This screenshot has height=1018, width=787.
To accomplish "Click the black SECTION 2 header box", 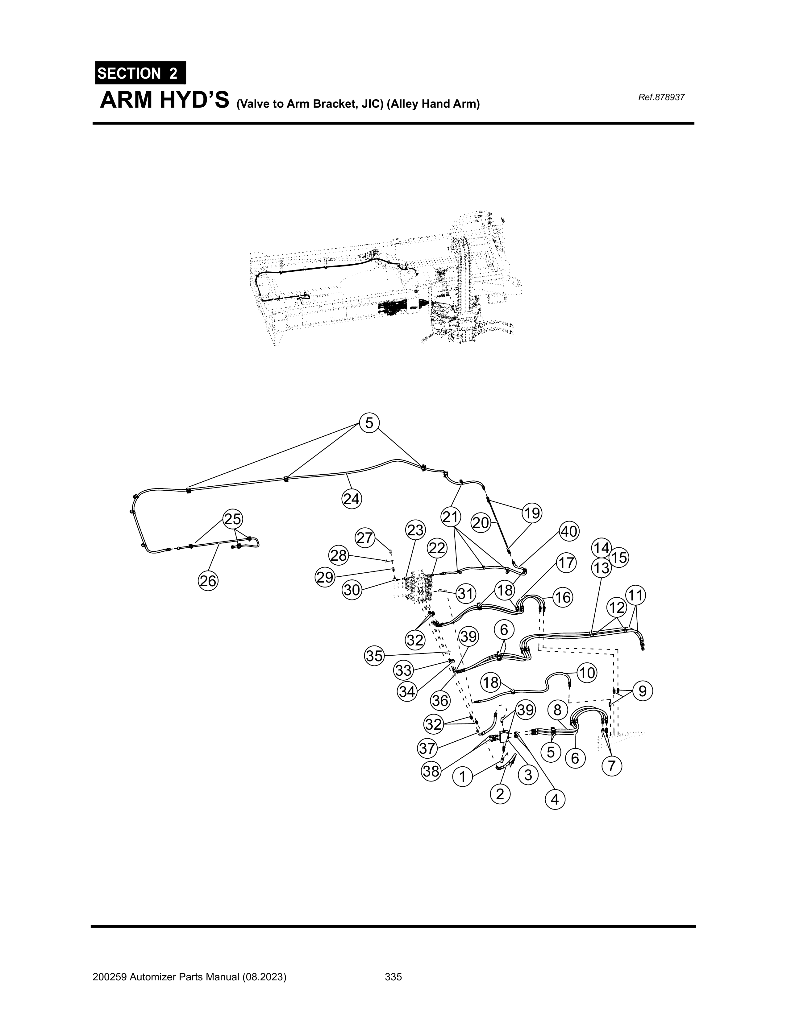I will pyautogui.click(x=140, y=73).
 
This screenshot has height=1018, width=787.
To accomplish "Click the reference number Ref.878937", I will pyautogui.click(x=661, y=97).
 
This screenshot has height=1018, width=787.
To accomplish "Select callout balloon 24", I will pyautogui.click(x=351, y=499).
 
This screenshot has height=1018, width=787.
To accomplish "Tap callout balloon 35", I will pyautogui.click(x=374, y=656).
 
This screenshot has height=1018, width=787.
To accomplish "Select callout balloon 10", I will pyautogui.click(x=587, y=673).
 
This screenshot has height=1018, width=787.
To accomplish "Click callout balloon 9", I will pyautogui.click(x=642, y=691).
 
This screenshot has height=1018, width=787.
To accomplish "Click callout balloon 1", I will pyautogui.click(x=462, y=777).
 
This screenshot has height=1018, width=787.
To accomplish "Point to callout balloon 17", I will pyautogui.click(x=566, y=563).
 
